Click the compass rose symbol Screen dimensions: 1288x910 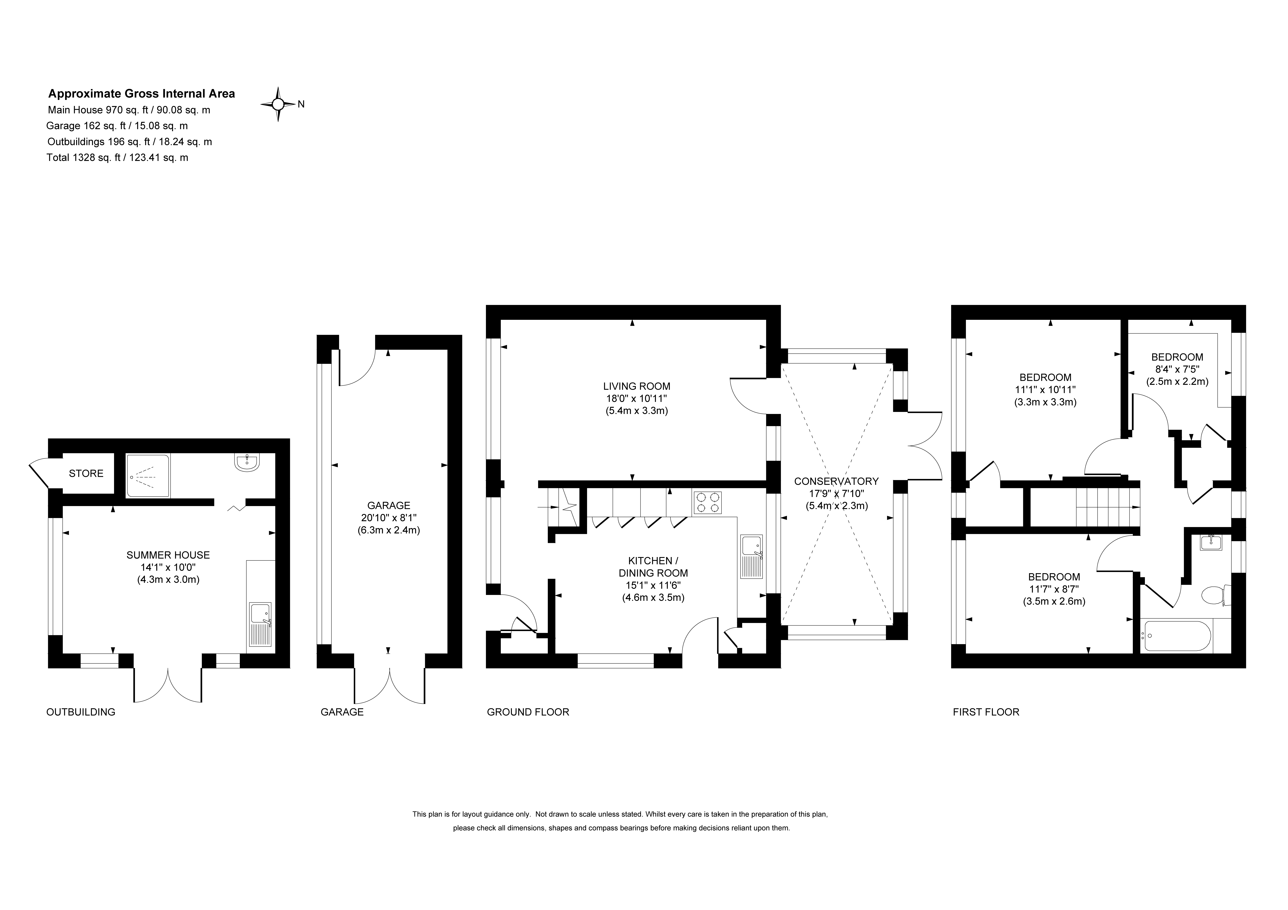278,104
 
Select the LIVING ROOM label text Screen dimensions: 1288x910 637,386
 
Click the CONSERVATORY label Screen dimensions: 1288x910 836,481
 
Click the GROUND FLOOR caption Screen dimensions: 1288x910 528,712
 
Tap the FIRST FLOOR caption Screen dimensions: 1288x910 986,712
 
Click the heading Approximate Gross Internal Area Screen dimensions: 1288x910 141,94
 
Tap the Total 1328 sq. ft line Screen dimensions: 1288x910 117,158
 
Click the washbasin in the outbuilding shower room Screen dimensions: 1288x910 247,462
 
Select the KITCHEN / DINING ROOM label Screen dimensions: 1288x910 653,567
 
